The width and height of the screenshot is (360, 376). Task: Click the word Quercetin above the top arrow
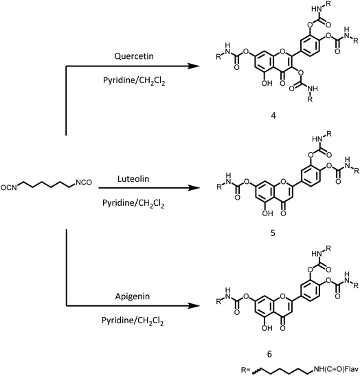(x=134, y=56)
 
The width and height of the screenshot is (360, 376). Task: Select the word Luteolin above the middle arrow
(x=133, y=178)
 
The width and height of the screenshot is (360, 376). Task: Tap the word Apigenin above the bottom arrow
(x=133, y=296)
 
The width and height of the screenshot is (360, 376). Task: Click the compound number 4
(x=273, y=116)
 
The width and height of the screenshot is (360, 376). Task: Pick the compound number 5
(x=273, y=233)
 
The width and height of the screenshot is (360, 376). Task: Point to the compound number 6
(x=269, y=354)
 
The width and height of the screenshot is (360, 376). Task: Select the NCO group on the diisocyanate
(x=84, y=183)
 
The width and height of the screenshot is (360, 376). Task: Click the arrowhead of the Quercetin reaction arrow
(x=193, y=66)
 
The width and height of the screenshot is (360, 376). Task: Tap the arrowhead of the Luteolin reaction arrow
(x=194, y=188)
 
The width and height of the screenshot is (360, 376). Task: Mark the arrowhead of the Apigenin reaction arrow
(x=193, y=306)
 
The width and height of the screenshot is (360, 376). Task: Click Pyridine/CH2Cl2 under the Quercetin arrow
(x=134, y=81)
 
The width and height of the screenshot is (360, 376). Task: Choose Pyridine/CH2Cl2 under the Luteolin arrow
(x=133, y=203)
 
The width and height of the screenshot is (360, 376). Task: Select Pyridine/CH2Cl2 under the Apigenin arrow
(x=133, y=321)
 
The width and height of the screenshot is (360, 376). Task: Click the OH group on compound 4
(x=267, y=83)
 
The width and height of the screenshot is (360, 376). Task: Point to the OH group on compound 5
(x=267, y=213)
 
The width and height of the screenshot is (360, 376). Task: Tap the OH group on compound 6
(x=267, y=328)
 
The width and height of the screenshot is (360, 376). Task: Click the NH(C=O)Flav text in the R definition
(x=336, y=369)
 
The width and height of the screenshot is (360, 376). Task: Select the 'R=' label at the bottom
(x=246, y=370)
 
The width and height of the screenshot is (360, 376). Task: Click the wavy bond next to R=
(x=256, y=371)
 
